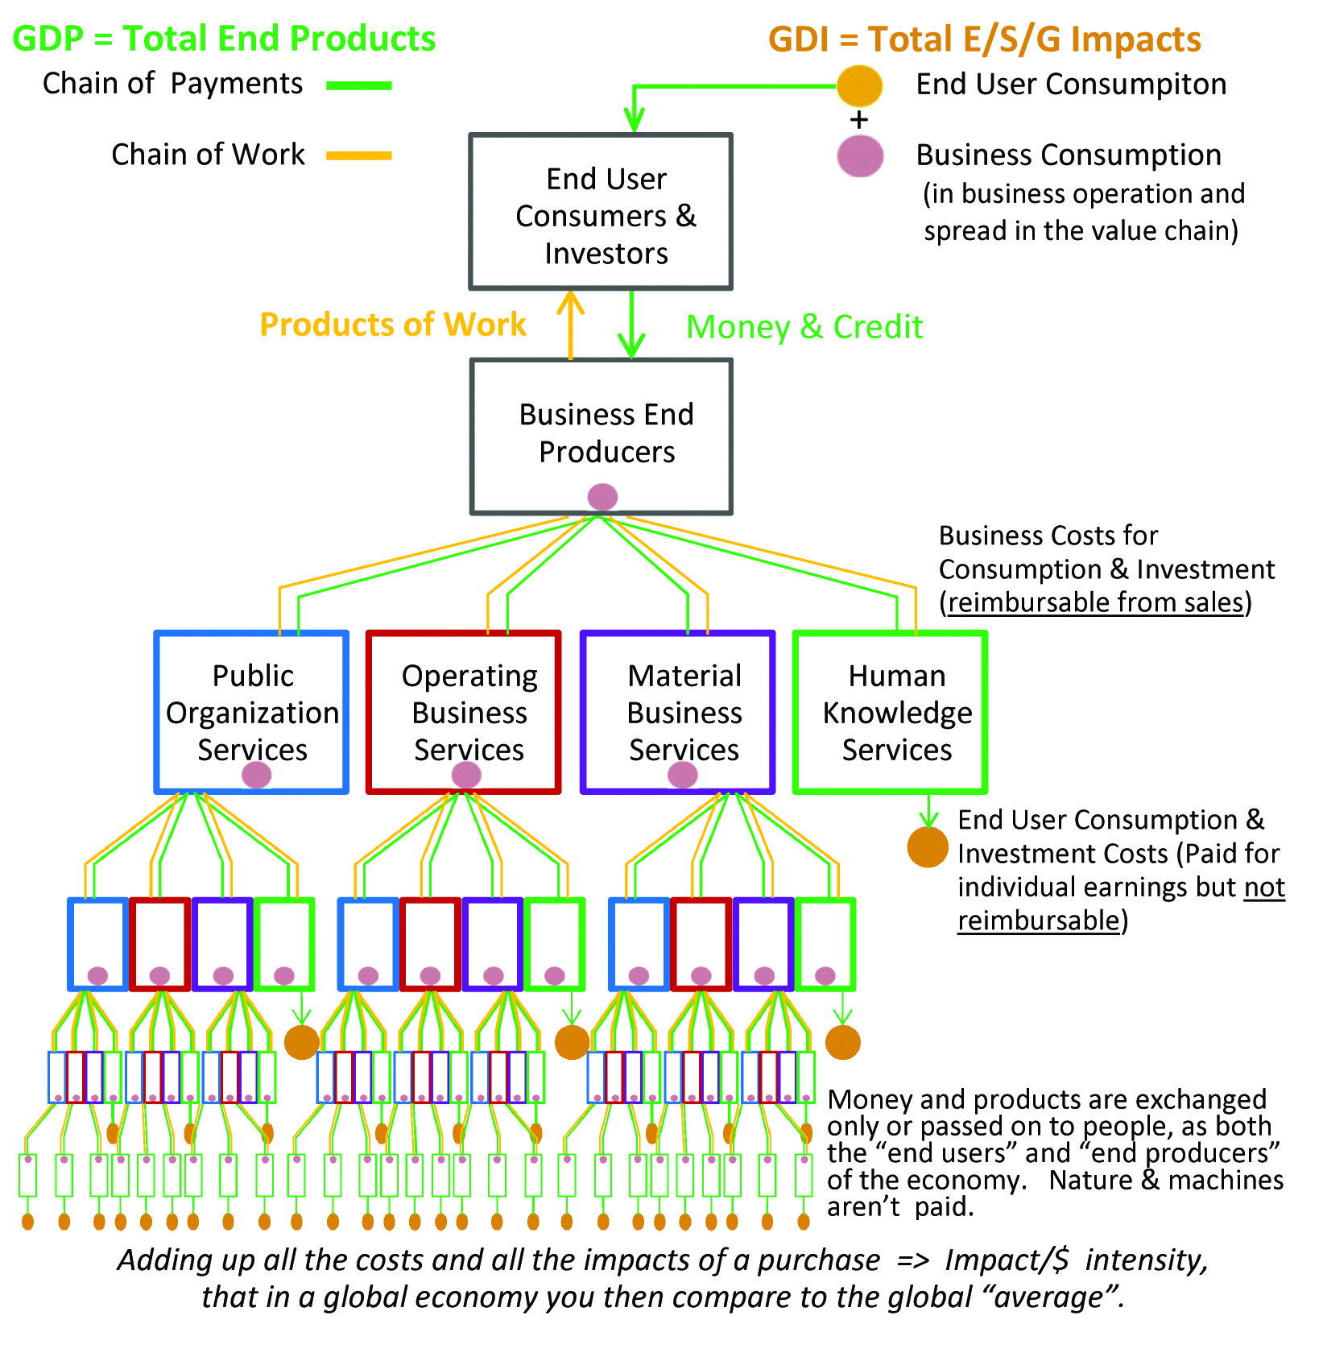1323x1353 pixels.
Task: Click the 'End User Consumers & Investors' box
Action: point(601,212)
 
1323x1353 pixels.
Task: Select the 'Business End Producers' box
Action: point(601,436)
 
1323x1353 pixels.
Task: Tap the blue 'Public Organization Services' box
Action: point(251,712)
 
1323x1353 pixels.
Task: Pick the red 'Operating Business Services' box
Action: point(464,712)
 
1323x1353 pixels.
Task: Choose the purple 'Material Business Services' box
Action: point(678,712)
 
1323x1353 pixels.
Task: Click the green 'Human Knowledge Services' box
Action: point(891,712)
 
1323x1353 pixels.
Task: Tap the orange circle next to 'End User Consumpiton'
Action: point(859,85)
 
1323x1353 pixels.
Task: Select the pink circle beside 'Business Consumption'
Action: point(859,156)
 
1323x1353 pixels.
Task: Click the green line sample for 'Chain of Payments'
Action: point(359,85)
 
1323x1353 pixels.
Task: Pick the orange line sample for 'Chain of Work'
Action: point(359,156)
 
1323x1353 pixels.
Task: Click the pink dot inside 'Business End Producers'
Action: point(602,497)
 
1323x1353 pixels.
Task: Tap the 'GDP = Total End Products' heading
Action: point(224,39)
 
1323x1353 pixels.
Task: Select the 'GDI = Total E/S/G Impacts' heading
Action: point(984,39)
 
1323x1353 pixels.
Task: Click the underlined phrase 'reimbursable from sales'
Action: point(1096,602)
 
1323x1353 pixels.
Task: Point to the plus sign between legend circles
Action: point(859,121)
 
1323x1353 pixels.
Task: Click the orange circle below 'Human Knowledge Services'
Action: point(928,847)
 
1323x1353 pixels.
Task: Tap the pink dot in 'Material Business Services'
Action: point(683,775)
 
